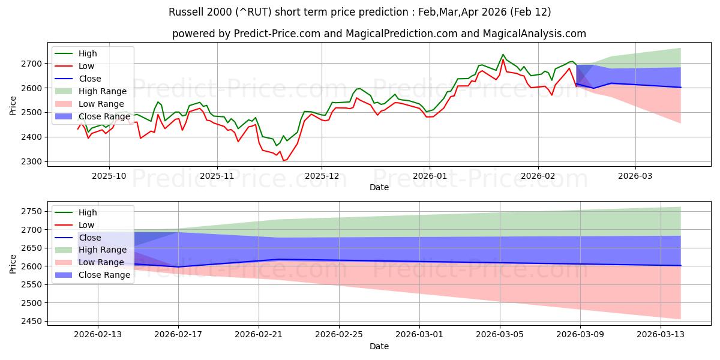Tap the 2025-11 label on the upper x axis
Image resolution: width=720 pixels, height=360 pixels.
click(217, 177)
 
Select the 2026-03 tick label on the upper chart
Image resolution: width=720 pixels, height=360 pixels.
click(635, 177)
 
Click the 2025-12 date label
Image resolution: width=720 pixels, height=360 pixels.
click(322, 177)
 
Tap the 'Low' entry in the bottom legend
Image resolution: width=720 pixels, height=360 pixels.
click(87, 225)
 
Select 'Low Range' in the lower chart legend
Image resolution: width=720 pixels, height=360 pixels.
click(103, 262)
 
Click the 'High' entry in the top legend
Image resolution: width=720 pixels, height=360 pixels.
click(88, 53)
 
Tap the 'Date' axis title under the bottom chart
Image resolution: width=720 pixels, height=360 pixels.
click(379, 346)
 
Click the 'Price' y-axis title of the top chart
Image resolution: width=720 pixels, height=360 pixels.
click(13, 107)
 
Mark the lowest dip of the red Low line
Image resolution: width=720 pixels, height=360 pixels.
click(283, 160)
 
